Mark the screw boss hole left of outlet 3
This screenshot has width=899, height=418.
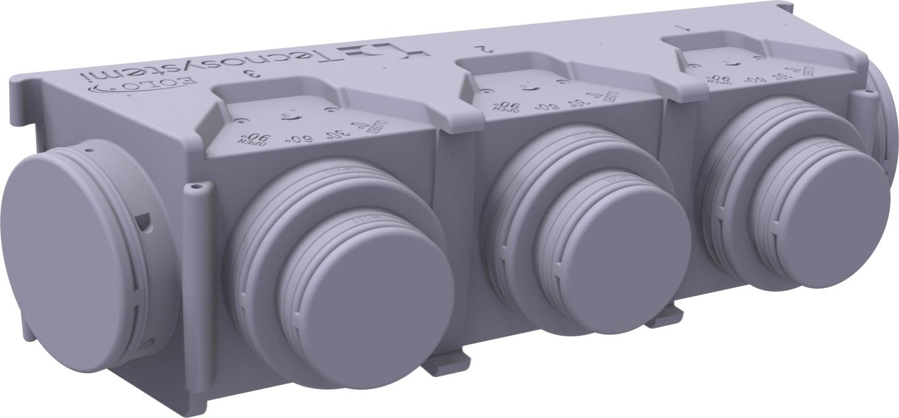tap(197, 185)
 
